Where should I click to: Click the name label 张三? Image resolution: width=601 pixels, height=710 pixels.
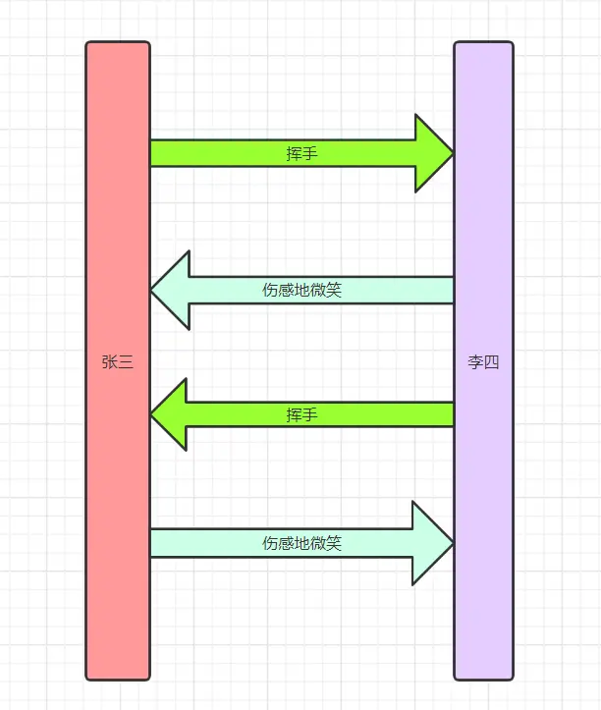tap(118, 361)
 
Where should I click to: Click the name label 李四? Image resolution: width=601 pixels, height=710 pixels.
tap(483, 361)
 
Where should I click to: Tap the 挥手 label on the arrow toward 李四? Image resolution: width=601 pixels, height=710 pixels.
tap(301, 153)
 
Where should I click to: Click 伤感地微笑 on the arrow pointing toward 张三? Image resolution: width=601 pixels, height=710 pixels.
tap(301, 290)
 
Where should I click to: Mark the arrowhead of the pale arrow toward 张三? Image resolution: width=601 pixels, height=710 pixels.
tap(171, 290)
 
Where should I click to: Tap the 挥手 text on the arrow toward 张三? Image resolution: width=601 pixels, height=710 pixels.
tap(301, 414)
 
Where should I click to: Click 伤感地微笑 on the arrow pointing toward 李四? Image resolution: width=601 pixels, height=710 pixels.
tap(301, 543)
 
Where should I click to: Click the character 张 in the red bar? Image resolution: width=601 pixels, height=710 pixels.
tap(110, 361)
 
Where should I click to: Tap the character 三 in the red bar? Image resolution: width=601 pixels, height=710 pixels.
tap(126, 361)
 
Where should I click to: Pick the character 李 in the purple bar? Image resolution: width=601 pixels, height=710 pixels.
tap(475, 361)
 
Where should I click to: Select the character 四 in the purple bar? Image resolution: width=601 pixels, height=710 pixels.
tap(491, 361)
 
